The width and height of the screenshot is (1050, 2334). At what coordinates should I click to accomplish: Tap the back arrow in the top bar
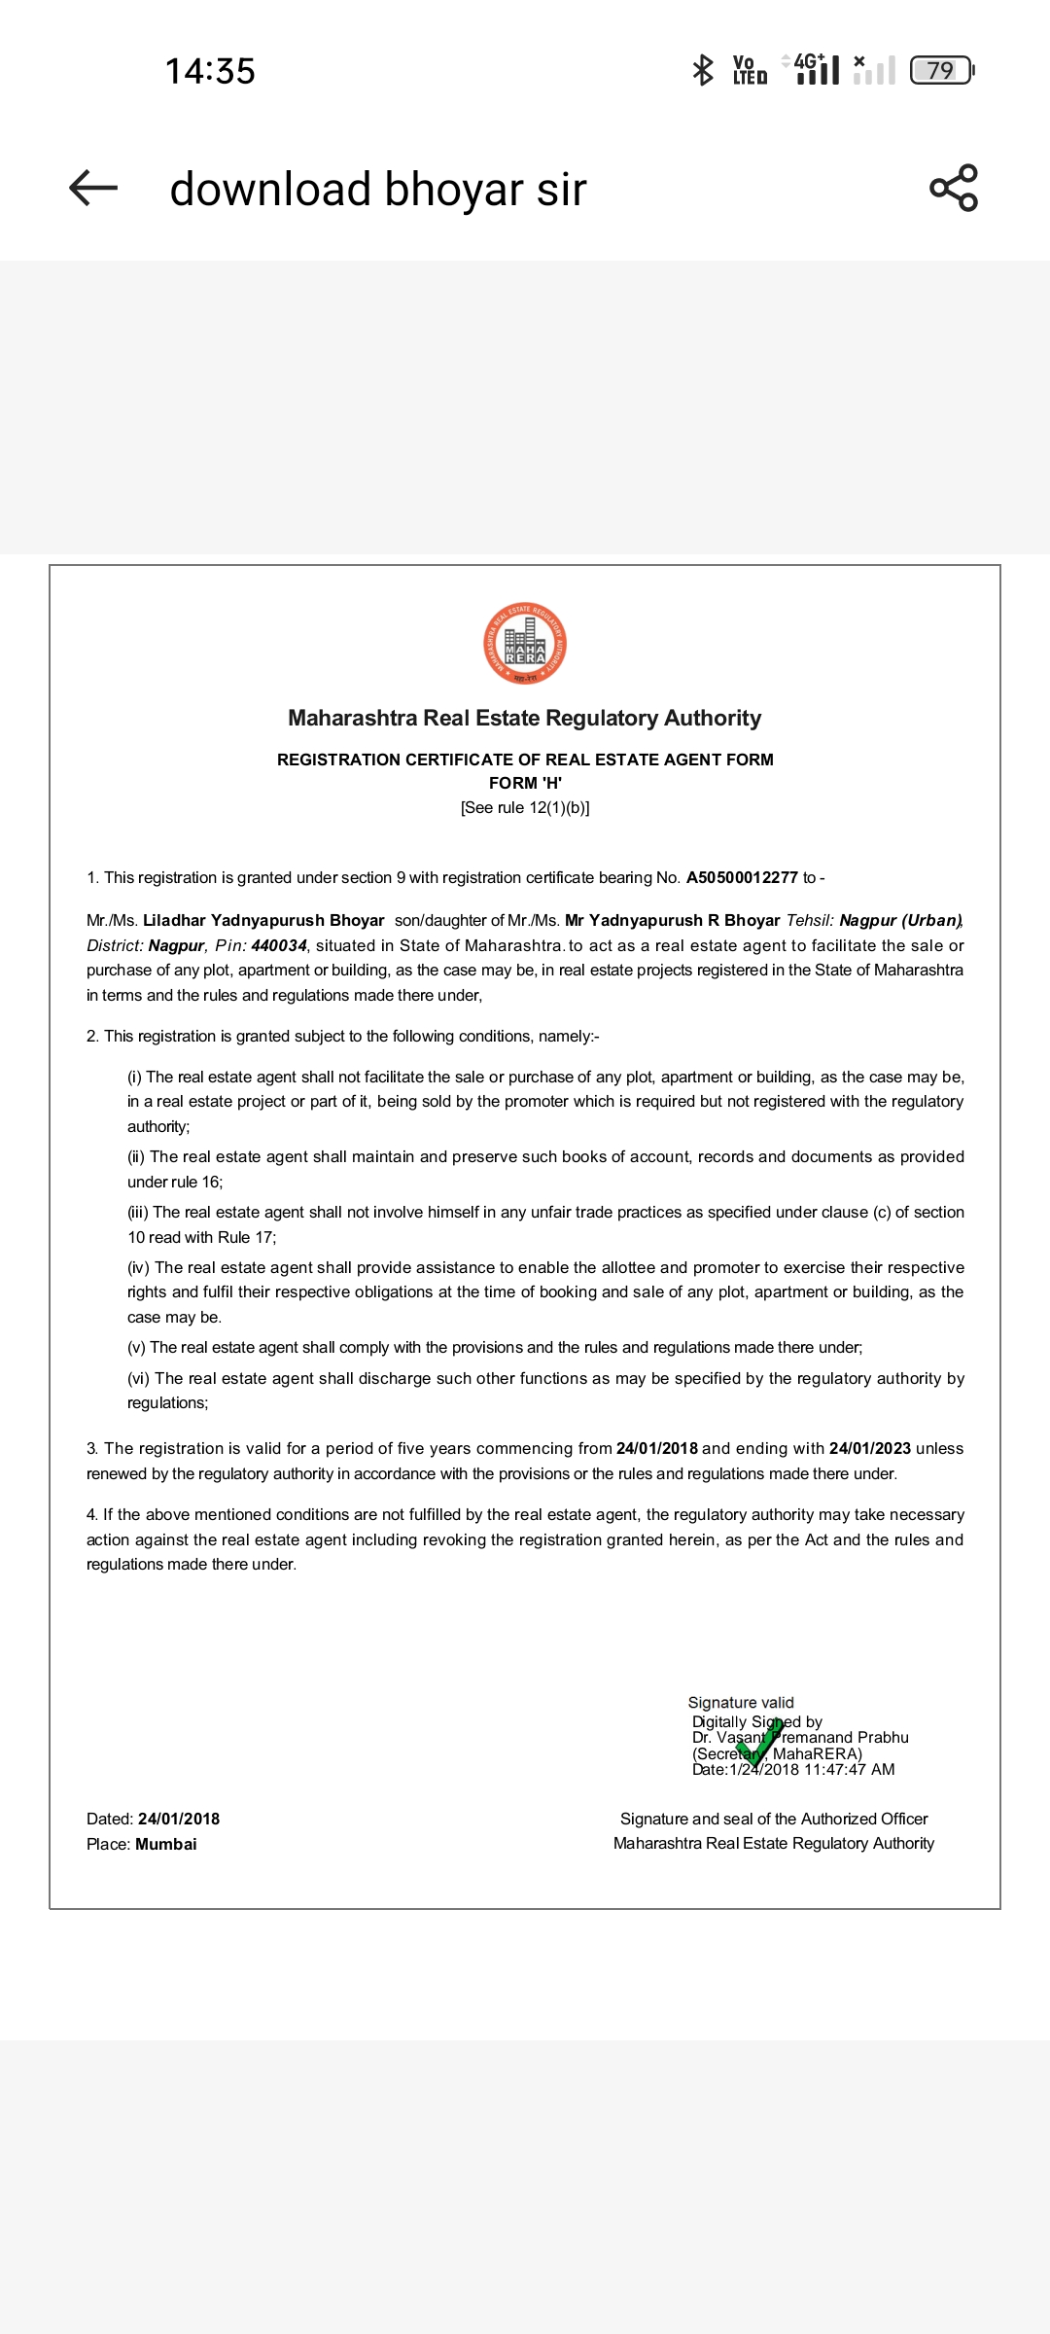click(93, 188)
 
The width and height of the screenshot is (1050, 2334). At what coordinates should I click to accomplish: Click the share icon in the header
click(954, 188)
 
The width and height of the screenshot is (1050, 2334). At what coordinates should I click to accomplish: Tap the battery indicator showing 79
click(940, 71)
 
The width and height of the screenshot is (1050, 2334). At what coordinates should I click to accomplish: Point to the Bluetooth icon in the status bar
click(702, 70)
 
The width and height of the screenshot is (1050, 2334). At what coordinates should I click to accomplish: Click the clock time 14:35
click(210, 71)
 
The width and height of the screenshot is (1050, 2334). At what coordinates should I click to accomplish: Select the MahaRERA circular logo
click(525, 644)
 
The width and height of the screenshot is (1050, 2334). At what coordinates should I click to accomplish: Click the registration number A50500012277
click(742, 877)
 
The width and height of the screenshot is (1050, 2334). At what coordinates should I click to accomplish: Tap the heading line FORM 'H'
click(525, 783)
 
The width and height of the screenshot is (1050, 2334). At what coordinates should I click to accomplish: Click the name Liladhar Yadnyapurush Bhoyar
click(263, 920)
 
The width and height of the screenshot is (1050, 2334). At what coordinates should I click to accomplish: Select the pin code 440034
click(279, 945)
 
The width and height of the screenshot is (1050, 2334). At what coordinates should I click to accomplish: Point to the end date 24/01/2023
click(870, 1448)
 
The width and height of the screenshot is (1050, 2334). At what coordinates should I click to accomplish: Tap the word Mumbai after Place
click(166, 1844)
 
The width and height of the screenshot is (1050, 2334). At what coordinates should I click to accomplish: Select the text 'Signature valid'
click(741, 1702)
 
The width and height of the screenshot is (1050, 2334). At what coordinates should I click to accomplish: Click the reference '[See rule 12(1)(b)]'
click(525, 807)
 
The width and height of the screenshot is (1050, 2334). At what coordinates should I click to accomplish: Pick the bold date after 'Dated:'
click(179, 1819)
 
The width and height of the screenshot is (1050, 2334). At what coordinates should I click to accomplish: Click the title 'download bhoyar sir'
click(378, 189)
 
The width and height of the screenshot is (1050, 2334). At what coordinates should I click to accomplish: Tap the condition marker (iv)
click(139, 1267)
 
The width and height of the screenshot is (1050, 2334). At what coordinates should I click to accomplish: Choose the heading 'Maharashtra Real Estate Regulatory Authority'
click(525, 718)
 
